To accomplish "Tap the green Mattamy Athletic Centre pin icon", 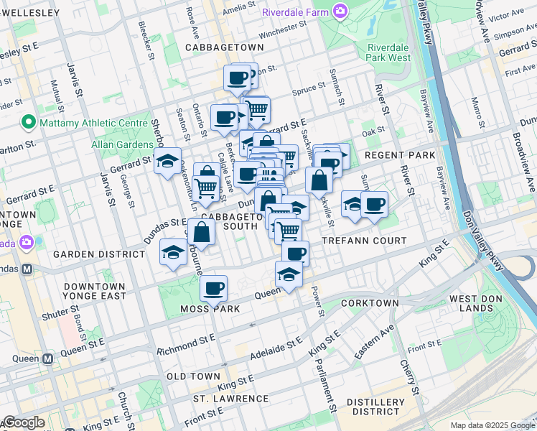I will tap(29, 122).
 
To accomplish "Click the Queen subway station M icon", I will tap(48, 358).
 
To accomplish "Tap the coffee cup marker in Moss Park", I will tap(213, 289).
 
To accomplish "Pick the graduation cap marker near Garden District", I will tap(173, 252).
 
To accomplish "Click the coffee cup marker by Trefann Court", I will tap(295, 253).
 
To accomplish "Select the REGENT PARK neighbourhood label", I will tap(400, 155).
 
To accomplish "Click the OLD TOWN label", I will tap(193, 376).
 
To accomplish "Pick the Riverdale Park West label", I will tap(388, 52).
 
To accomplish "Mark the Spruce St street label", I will tap(309, 92).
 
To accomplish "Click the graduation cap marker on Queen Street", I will tap(289, 275).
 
